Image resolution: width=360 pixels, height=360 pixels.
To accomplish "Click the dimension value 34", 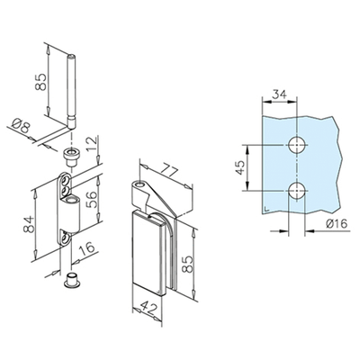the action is pos(279,94).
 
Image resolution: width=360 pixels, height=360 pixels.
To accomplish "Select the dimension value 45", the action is pos(240,167).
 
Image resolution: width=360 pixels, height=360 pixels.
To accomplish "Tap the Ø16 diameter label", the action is pos(336,223).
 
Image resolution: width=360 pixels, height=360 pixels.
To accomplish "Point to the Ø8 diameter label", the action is pos(22,126).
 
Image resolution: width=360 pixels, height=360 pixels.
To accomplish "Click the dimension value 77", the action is pos(168,171).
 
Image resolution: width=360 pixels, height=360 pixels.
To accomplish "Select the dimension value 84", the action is pos(28,224).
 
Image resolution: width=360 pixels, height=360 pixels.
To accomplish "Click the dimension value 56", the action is pos(92,200).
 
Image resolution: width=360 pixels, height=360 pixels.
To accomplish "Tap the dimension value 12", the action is pos(93,144).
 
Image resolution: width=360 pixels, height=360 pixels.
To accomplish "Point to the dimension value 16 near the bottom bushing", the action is pos(86,248).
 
